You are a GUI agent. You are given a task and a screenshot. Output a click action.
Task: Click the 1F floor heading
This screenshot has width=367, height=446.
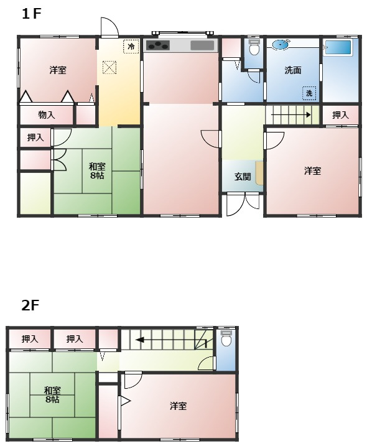[x=31, y=14]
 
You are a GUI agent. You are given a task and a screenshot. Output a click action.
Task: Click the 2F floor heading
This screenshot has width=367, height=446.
[x=30, y=305]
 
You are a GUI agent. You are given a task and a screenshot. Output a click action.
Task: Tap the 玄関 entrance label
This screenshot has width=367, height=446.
[x=243, y=177]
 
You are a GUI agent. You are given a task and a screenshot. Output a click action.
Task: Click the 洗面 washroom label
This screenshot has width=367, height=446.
[x=293, y=70]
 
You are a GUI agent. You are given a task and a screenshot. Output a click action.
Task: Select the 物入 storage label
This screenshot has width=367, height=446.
[x=47, y=115]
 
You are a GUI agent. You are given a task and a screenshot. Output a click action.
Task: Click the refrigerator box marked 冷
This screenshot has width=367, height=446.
[x=131, y=47]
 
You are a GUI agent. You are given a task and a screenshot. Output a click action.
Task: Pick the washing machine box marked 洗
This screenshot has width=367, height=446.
[x=309, y=93]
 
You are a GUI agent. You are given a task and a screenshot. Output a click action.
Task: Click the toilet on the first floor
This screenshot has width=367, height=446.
[x=253, y=49]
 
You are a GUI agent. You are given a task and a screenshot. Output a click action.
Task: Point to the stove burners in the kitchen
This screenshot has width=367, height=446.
[x=158, y=45]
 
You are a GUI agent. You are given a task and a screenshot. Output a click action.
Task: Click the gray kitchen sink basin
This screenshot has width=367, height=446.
[x=202, y=45]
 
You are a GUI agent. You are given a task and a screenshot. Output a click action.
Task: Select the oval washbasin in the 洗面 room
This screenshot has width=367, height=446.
[x=281, y=44]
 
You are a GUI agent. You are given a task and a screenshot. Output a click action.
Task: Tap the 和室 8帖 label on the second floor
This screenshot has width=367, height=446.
[x=52, y=395]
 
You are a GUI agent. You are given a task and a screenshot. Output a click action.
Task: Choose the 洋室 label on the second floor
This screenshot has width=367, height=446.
[x=179, y=406]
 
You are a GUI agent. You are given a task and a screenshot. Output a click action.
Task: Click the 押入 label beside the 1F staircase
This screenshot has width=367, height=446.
[x=340, y=115]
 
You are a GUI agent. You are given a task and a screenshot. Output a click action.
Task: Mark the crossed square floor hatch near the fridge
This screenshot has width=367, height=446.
[x=109, y=67]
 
